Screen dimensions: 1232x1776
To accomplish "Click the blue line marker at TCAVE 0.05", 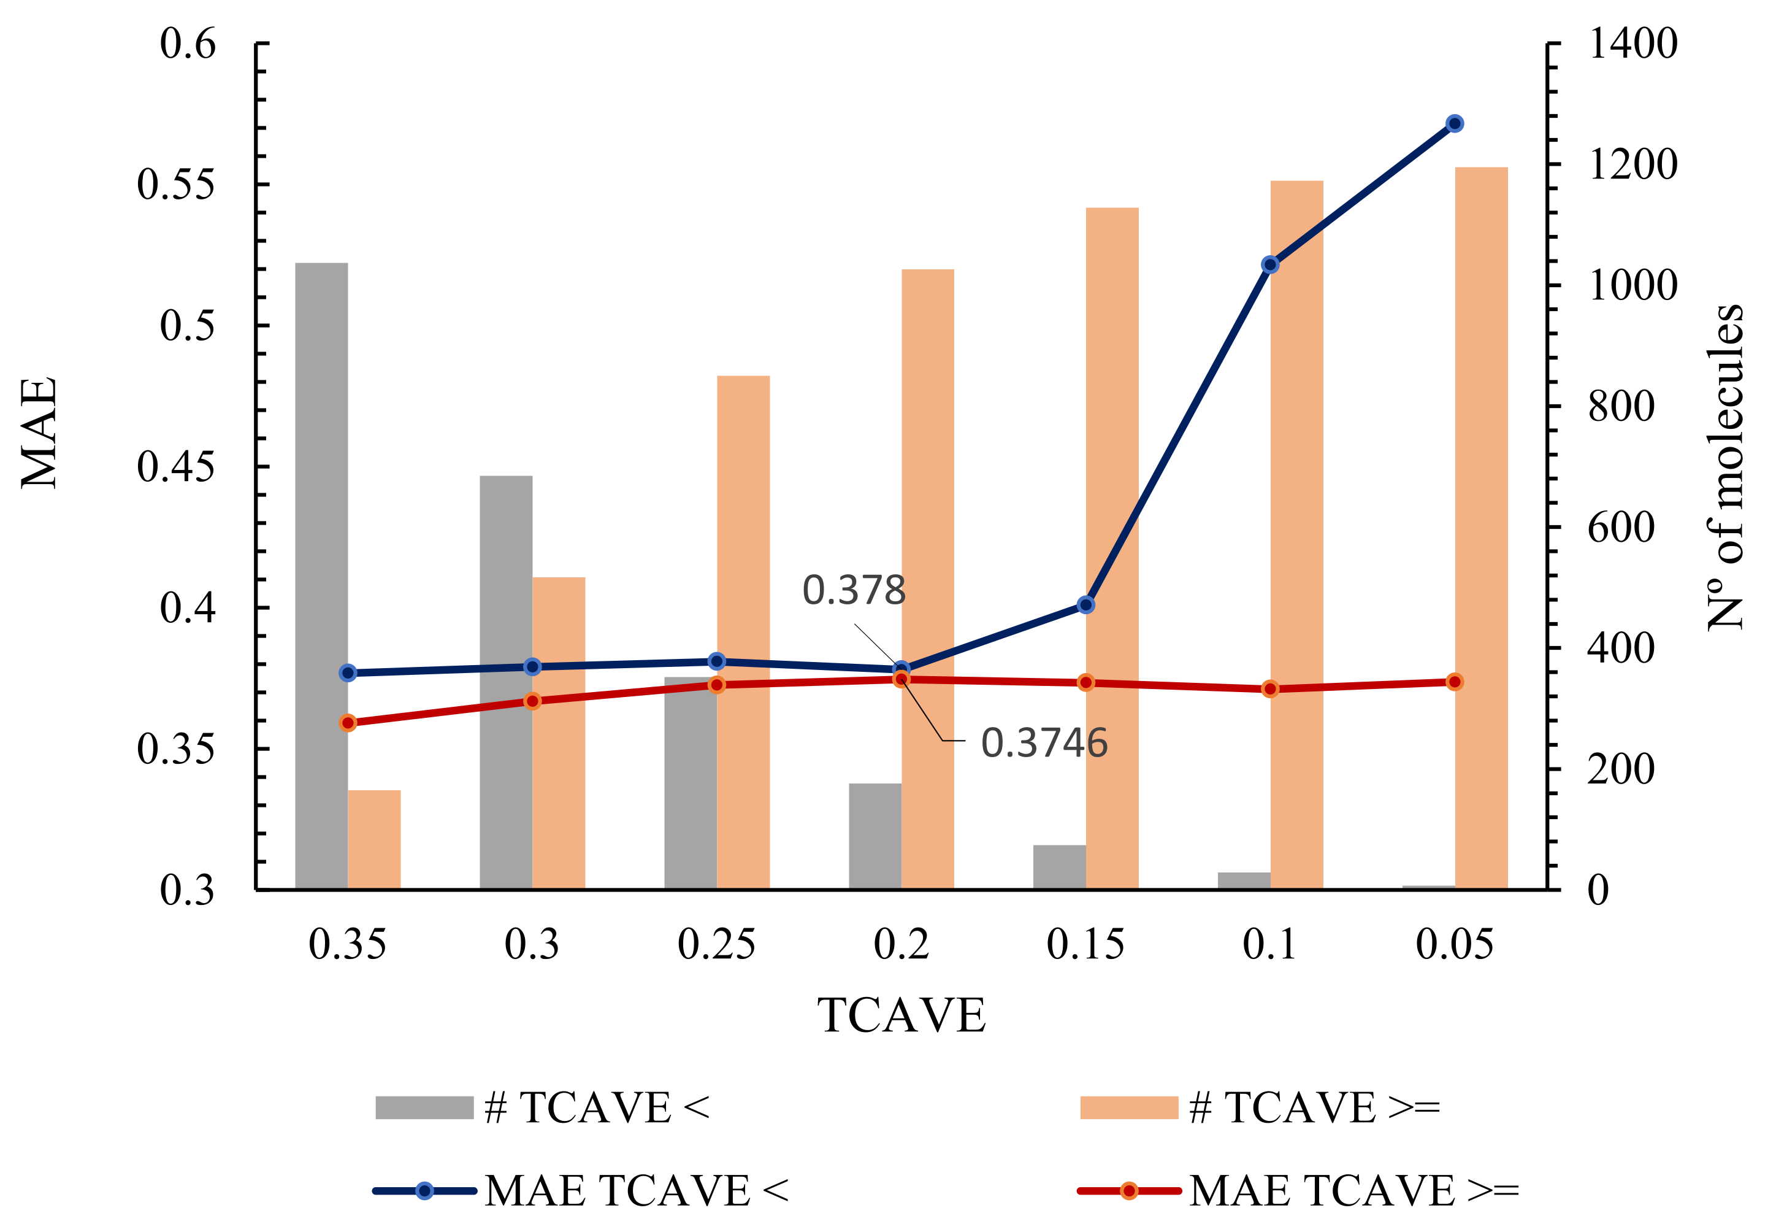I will point(1454,123).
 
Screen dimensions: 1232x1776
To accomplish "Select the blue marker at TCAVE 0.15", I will point(1085,604).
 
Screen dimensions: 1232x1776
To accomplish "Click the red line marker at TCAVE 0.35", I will point(348,723).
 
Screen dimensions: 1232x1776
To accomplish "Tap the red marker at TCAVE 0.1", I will point(1270,688).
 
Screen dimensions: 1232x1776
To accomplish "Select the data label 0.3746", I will point(1044,742).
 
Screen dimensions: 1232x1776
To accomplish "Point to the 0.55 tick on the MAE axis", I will point(175,185).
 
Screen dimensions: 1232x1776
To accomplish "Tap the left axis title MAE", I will point(39,433).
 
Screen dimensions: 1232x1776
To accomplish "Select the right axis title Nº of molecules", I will point(1724,467).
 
